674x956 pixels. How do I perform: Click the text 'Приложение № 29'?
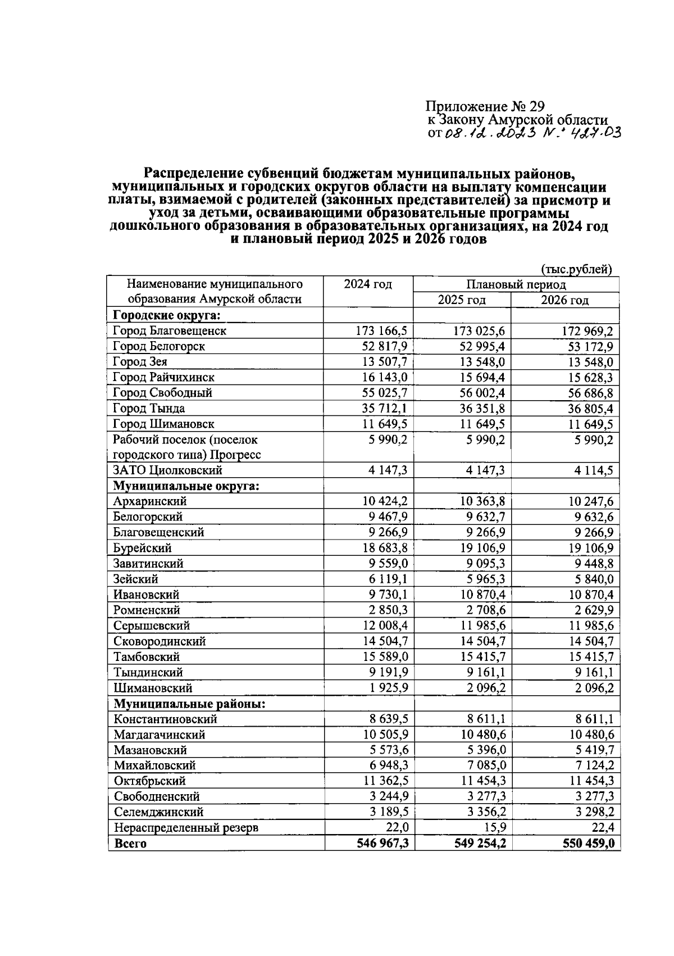pyautogui.click(x=485, y=106)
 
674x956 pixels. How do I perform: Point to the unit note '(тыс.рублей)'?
pyautogui.click(x=576, y=270)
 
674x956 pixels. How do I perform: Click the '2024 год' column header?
pyautogui.click(x=368, y=284)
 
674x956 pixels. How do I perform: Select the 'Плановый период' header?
pyautogui.click(x=516, y=285)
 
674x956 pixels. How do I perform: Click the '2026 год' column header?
pyautogui.click(x=564, y=300)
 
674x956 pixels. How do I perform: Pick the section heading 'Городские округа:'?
pyautogui.click(x=166, y=315)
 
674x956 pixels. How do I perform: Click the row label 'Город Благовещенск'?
pyautogui.click(x=169, y=330)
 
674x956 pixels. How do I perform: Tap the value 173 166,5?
pyautogui.click(x=381, y=330)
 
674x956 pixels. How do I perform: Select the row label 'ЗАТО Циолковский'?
pyautogui.click(x=167, y=470)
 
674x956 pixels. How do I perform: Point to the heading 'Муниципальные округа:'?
pyautogui.click(x=186, y=486)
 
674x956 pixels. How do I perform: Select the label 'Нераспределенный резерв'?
pyautogui.click(x=186, y=828)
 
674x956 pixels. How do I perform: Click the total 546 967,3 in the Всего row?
pyautogui.click(x=382, y=844)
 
